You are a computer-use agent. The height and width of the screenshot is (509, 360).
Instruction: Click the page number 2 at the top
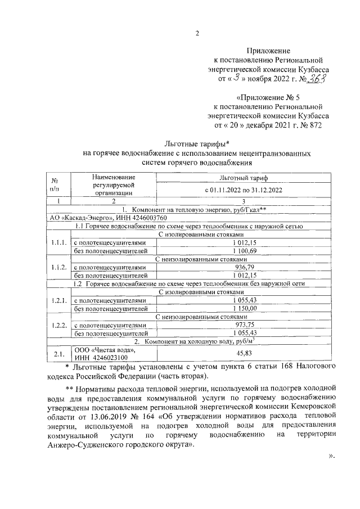197,32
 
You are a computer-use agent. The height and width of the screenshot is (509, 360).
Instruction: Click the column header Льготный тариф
244,177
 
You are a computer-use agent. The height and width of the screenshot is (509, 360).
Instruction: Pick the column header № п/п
55,184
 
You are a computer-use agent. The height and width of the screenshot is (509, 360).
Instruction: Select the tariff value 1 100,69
244,250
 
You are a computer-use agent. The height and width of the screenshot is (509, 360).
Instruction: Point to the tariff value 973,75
244,325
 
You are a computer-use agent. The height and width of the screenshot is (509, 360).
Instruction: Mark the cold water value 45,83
244,353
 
